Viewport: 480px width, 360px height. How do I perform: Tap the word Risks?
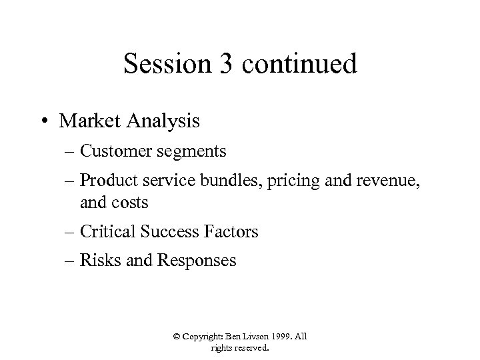[x=98, y=260]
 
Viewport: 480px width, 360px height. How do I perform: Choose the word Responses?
[x=197, y=261]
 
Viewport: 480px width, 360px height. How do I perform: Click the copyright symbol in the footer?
[x=176, y=337]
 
